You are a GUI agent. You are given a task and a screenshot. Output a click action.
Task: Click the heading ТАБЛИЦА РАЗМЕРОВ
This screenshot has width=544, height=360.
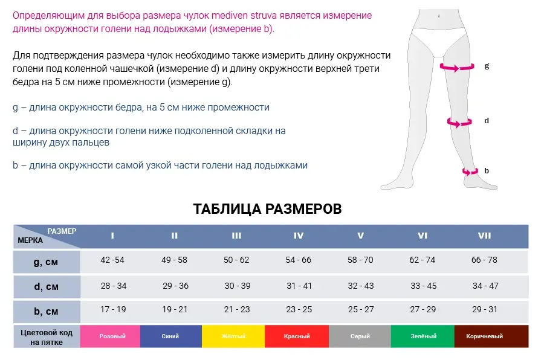coord(267,209)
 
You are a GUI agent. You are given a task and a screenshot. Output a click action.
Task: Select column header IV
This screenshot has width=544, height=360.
coord(299,236)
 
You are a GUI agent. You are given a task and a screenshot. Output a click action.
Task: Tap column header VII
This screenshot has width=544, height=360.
coord(484,236)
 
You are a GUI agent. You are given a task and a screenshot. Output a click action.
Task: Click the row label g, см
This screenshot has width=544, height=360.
coord(46,262)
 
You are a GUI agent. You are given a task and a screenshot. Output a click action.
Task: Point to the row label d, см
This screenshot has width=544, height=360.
coord(46,287)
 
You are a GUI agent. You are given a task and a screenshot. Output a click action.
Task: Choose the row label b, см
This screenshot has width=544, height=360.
coord(46,312)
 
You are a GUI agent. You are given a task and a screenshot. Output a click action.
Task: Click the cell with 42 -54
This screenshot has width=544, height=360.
coord(112,260)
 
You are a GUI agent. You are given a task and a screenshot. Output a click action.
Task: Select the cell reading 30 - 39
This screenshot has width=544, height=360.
coord(238,286)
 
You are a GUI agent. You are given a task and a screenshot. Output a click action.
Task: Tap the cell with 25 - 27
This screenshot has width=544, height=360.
coord(361,309)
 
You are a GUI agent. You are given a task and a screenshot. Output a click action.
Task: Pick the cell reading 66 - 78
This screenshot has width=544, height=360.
coord(484,260)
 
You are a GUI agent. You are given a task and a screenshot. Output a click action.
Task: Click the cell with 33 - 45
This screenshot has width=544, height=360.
coord(423,286)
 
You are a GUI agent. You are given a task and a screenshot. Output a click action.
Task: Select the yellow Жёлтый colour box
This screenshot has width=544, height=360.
coord(233,336)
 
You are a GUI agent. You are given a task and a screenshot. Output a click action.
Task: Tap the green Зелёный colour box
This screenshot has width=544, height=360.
coord(423,336)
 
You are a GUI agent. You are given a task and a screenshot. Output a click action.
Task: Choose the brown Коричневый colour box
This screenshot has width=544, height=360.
coord(491,336)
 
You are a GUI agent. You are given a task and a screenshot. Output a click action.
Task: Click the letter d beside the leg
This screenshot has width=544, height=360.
coord(487,121)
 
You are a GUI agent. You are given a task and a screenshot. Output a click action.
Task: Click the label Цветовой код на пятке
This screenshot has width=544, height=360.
coord(47,338)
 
